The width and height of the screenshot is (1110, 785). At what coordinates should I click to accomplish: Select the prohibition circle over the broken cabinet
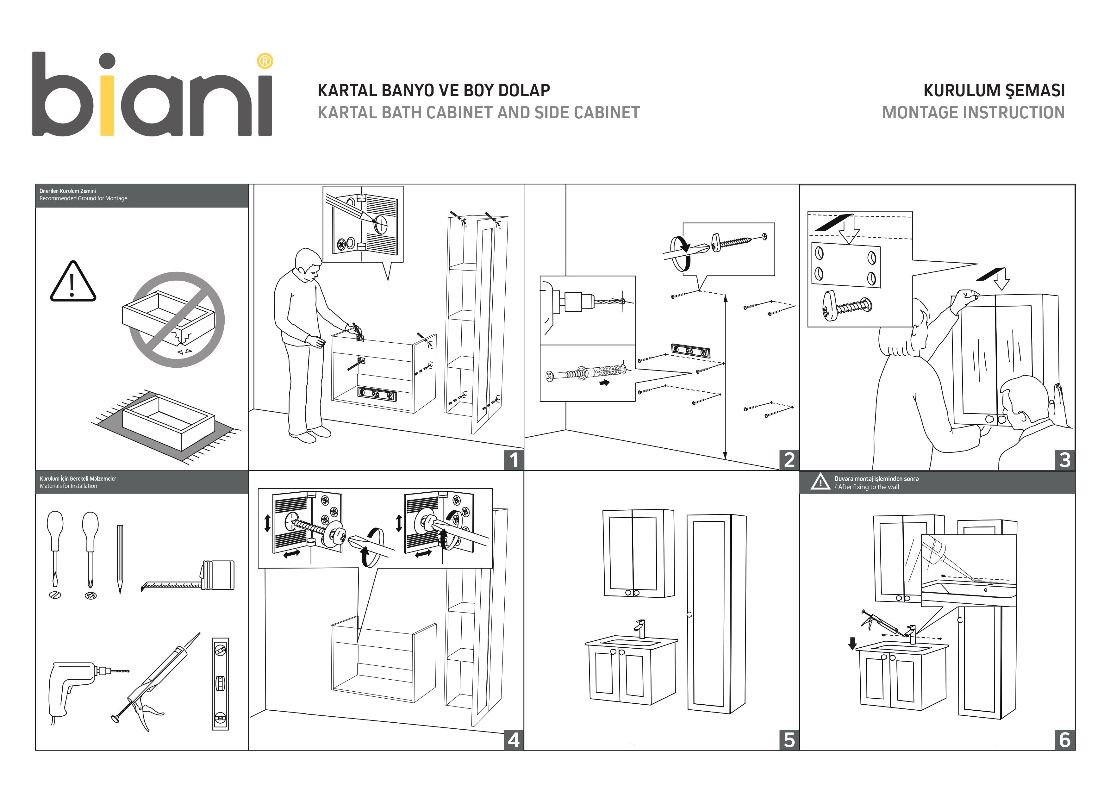pos(177,320)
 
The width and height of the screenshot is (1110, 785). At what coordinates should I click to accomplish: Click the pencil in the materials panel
pos(120,558)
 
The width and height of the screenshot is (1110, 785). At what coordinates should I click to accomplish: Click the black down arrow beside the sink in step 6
pos(852,643)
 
